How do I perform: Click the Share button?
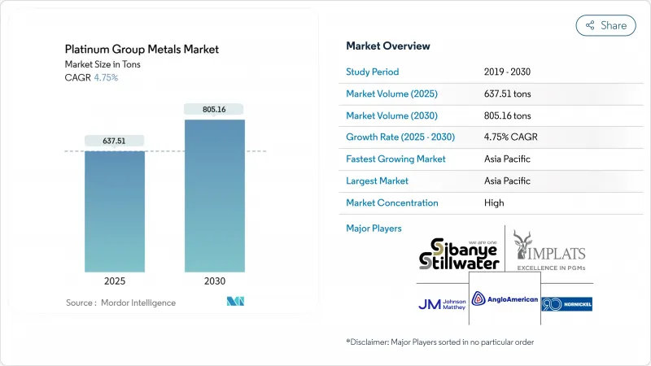pyautogui.click(x=606, y=25)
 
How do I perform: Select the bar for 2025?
pyautogui.click(x=115, y=211)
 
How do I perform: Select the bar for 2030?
pyautogui.click(x=214, y=195)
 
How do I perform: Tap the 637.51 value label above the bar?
pyautogui.click(x=115, y=140)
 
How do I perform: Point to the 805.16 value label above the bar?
pyautogui.click(x=214, y=108)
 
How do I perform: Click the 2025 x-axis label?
pyautogui.click(x=115, y=281)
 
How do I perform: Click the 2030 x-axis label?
pyautogui.click(x=214, y=281)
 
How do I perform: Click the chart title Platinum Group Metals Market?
pyautogui.click(x=142, y=50)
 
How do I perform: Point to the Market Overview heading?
pyautogui.click(x=388, y=46)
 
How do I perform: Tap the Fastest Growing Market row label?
pyautogui.click(x=395, y=159)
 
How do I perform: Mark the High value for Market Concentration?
pyautogui.click(x=494, y=203)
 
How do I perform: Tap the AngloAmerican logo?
pyautogui.click(x=505, y=299)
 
